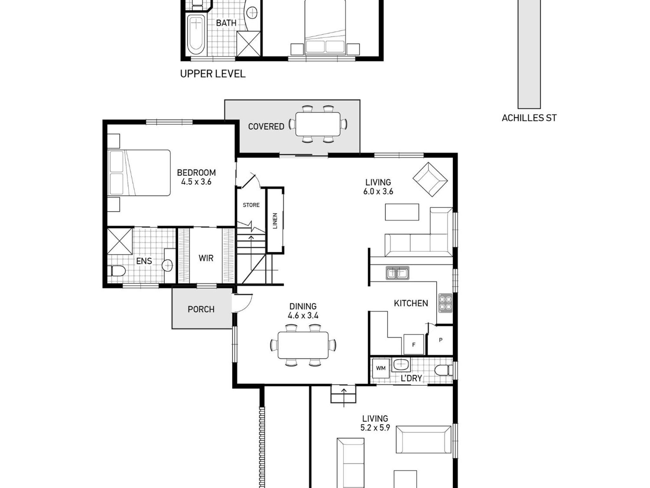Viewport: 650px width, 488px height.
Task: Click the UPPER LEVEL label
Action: coord(213,74)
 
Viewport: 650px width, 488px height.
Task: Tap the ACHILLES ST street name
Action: coord(529,118)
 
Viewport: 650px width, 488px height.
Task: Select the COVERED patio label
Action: coord(266,126)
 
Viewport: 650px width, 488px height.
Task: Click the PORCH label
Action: coord(201,309)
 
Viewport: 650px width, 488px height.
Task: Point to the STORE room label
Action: coord(251,205)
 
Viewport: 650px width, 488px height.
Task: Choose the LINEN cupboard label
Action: coord(275,221)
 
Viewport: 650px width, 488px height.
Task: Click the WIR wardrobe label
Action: coord(206,258)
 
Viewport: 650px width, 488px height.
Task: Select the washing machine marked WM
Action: coord(381,368)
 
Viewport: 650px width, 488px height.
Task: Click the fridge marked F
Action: coord(414,344)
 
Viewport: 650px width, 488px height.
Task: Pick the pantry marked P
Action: coord(441,340)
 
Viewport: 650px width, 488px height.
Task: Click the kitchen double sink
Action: coord(397,273)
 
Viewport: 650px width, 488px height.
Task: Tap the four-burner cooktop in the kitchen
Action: coord(445,302)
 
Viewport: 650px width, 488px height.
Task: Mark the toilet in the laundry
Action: coord(443,370)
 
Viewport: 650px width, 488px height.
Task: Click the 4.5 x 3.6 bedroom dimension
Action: coord(196,182)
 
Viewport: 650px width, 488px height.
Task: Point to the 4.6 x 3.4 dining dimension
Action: coord(303,315)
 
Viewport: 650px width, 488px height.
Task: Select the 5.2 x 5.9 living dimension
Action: coord(375,428)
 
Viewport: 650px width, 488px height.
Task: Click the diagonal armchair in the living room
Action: coord(430,180)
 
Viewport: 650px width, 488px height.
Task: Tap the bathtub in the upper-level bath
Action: coord(196,35)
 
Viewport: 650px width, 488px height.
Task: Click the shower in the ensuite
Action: coord(120,241)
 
